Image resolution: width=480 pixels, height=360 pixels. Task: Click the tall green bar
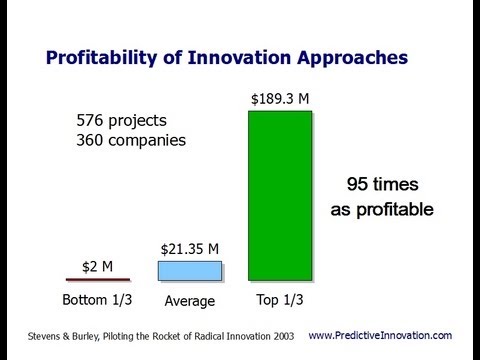(x=280, y=196)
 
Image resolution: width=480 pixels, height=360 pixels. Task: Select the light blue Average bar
(x=189, y=270)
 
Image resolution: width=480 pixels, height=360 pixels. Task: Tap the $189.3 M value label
(x=279, y=99)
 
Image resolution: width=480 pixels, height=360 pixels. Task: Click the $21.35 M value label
(x=190, y=248)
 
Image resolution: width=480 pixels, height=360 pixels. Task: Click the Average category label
(x=189, y=300)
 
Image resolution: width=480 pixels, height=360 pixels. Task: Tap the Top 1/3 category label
(x=280, y=299)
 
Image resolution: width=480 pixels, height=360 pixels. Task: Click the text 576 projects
(x=123, y=120)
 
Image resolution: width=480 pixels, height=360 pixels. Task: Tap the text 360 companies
(x=131, y=140)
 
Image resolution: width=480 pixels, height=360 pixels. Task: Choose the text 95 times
(x=381, y=185)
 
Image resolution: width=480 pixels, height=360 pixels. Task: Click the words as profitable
(x=381, y=209)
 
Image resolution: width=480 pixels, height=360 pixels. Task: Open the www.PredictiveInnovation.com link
(x=380, y=335)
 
